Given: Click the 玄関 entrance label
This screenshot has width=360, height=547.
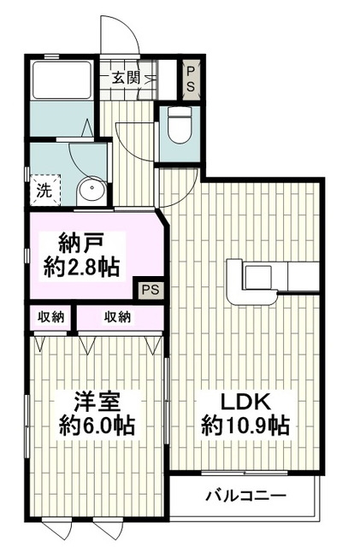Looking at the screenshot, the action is pos(126,78).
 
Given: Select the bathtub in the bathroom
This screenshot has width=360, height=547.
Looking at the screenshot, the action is pos(62,80).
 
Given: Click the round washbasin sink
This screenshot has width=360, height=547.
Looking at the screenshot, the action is pos(91,188).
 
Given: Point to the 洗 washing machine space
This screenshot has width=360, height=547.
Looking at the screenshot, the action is pos(44,191).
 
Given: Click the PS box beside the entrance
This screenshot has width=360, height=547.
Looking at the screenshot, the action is pos(191,79).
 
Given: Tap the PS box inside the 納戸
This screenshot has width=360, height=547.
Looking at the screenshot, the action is pos(150,289).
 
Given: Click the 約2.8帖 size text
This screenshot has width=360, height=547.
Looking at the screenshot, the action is pos(81,268).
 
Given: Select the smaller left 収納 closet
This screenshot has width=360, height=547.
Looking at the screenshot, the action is pos(50,317).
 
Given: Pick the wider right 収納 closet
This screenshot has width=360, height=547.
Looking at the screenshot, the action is pos(120,317).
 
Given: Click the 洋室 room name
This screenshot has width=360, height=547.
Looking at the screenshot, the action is pos(97,403).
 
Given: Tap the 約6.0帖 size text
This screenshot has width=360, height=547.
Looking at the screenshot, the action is pos(97,425).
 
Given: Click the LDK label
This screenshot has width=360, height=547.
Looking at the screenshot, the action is pos(245,403).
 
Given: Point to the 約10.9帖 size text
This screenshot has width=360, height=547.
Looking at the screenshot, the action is pos(245,425).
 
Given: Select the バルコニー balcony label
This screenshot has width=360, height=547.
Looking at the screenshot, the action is pos(245,496).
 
